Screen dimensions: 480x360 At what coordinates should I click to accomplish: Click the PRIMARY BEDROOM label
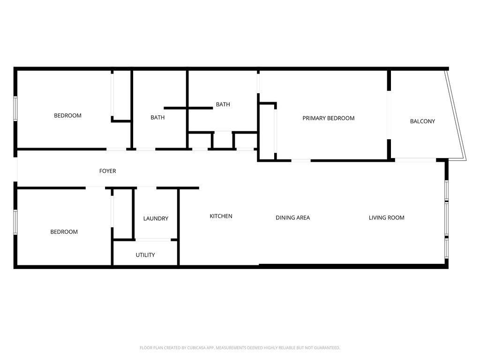click(329, 118)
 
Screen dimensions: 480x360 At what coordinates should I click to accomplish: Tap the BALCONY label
click(422, 121)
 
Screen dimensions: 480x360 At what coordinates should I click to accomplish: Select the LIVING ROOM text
click(386, 217)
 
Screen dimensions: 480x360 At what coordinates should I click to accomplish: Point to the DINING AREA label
click(292, 217)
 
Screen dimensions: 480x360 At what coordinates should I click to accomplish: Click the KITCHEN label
click(221, 216)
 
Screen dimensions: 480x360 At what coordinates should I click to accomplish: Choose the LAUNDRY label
click(156, 218)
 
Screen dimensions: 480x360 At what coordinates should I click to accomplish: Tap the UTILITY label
click(145, 255)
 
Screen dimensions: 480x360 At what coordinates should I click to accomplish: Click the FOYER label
click(107, 171)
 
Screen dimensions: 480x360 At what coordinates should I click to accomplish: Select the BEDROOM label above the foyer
click(67, 116)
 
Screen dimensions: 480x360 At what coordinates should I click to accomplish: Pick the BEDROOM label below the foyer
click(64, 232)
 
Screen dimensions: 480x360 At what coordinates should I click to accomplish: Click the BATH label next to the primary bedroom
click(223, 105)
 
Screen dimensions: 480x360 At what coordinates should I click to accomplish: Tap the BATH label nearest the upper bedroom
click(157, 118)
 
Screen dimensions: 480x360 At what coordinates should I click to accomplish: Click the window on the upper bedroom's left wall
click(15, 108)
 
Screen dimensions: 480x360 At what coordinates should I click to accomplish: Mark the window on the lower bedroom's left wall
click(15, 222)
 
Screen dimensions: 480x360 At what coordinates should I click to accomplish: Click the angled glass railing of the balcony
click(456, 115)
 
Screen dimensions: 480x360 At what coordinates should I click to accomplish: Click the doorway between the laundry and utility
click(153, 240)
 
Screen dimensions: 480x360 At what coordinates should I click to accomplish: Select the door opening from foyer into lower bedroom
click(95, 187)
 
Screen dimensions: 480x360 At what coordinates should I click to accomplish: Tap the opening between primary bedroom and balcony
click(389, 115)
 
